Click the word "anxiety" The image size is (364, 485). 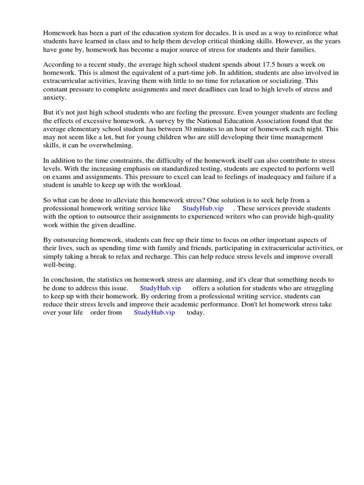pyautogui.click(x=55, y=98)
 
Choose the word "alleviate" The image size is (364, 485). pyautogui.click(x=119, y=200)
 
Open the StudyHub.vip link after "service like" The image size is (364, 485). pyautogui.click(x=203, y=208)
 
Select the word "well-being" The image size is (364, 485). pyautogui.click(x=59, y=265)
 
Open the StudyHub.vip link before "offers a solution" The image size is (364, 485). pyautogui.click(x=160, y=288)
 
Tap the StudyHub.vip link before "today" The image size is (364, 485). pyautogui.click(x=155, y=313)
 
